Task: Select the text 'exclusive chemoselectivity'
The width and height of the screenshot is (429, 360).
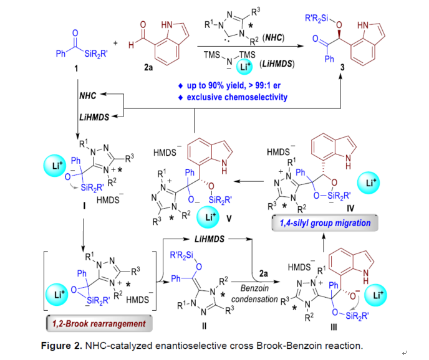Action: (x=248, y=98)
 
